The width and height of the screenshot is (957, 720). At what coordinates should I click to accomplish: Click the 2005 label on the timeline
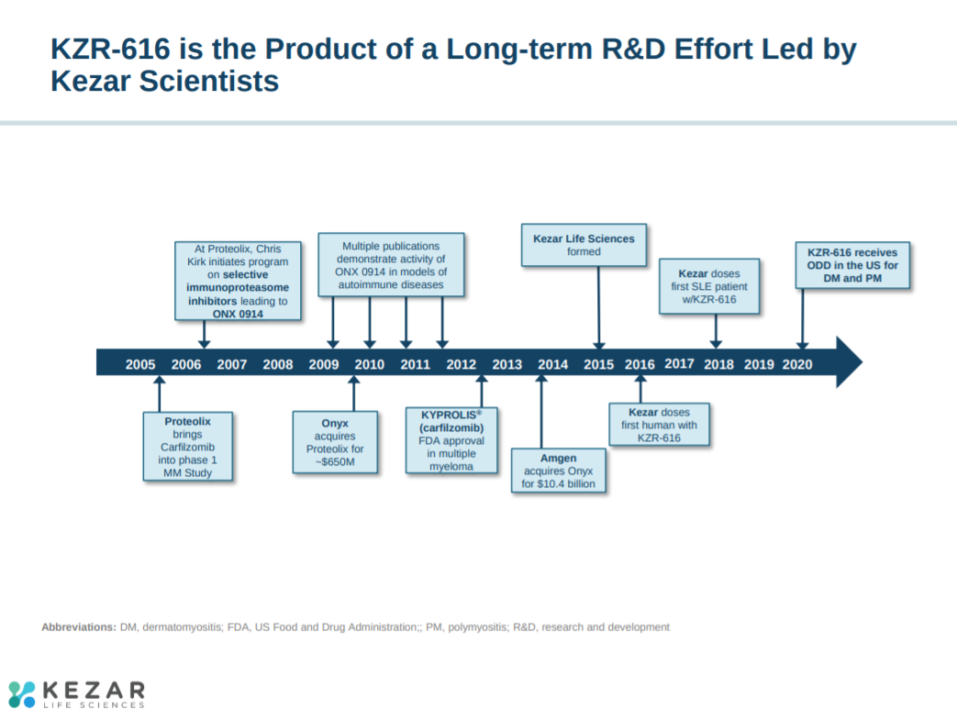(x=140, y=364)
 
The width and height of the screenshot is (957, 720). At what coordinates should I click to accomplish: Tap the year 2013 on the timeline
(x=506, y=364)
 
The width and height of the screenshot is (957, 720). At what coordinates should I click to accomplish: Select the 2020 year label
(x=797, y=364)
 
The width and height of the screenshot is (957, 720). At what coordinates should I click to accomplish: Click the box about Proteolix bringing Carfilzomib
(x=188, y=447)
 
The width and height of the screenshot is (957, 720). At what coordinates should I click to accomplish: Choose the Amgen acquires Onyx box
(x=559, y=471)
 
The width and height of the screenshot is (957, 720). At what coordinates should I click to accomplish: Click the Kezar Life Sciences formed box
(x=584, y=245)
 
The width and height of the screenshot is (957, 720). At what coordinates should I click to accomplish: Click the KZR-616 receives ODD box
(x=852, y=264)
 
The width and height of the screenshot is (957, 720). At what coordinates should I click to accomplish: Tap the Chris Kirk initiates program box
(x=238, y=281)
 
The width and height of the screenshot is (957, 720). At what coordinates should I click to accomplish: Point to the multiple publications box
(x=391, y=265)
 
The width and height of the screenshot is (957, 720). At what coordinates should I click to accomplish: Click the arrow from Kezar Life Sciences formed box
(x=598, y=307)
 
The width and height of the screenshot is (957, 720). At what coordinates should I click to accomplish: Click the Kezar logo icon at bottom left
(x=22, y=693)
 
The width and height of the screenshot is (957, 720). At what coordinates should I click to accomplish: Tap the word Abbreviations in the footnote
(x=79, y=627)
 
